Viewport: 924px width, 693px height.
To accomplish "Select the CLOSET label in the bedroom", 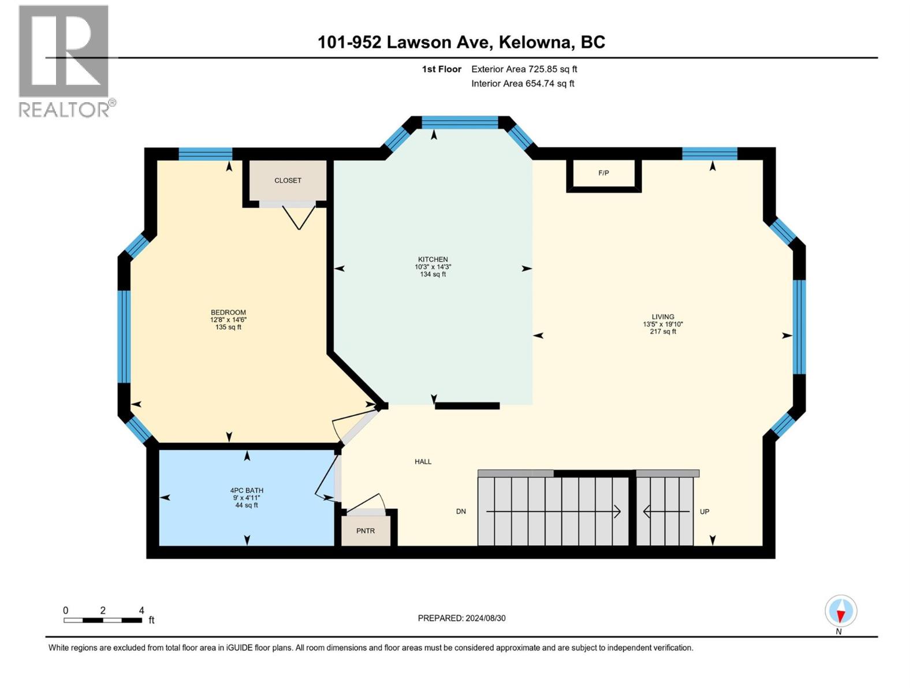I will pos(288,180).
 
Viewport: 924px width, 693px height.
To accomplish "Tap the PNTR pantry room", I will pos(366,531).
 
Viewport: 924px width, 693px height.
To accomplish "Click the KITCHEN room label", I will pos(433,259).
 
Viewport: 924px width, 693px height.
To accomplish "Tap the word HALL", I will pos(423,461).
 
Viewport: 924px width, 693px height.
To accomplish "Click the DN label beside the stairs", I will pos(461,511).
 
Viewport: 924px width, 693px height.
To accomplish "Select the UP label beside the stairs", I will pos(705,511).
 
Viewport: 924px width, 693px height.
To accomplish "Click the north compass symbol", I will pos(841,612).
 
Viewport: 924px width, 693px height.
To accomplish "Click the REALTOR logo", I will pos(64,61).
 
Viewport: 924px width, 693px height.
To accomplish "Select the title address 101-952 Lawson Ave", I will pos(461,42).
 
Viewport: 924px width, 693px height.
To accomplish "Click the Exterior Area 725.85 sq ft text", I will pos(524,69).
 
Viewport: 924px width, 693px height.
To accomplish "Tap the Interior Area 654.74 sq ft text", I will pos(523,83).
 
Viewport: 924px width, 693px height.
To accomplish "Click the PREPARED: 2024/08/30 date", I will pos(461,618).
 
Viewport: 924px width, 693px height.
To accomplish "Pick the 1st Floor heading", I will pos(441,69).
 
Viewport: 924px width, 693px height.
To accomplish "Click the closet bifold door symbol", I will pos(299,217).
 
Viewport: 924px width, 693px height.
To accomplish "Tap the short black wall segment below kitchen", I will pos(467,406).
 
